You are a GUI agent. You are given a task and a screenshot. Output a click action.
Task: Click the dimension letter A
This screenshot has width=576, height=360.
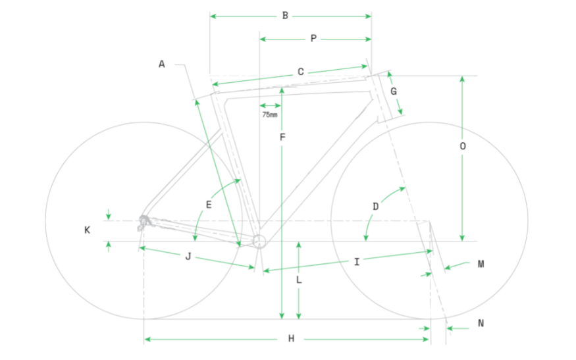(161, 64)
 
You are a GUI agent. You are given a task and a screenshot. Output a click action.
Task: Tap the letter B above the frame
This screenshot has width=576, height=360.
(285, 15)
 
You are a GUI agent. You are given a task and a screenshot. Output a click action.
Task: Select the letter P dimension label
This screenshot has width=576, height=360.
(313, 39)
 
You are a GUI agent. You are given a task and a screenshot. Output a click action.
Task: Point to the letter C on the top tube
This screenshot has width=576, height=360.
(300, 72)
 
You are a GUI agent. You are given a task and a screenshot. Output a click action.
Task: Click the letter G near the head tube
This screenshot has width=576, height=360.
(394, 91)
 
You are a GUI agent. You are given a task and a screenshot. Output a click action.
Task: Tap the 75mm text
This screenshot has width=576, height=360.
(269, 115)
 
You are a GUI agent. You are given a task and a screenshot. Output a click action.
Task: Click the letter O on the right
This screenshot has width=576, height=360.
(463, 147)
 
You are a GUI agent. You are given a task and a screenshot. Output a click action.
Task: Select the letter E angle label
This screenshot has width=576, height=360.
(209, 205)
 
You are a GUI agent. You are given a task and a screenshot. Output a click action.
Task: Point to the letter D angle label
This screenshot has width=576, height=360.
(375, 206)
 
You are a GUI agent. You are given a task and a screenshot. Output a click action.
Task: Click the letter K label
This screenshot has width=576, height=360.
(87, 230)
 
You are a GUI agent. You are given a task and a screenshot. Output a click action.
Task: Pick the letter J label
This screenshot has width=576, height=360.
(188, 257)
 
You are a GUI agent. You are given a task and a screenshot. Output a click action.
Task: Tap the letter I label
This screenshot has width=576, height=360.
(356, 262)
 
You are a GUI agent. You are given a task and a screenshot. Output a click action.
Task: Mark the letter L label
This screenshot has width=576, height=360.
(299, 280)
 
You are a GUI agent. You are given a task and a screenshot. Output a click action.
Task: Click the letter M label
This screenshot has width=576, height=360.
(481, 264)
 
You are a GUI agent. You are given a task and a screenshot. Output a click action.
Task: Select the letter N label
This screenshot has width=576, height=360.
(481, 323)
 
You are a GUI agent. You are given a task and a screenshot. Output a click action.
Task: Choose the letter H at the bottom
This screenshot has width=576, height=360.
(290, 339)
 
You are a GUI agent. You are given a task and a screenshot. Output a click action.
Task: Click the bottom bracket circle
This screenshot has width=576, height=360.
(259, 240)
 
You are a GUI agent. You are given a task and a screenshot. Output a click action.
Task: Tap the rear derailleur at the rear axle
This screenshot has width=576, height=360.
(144, 222)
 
